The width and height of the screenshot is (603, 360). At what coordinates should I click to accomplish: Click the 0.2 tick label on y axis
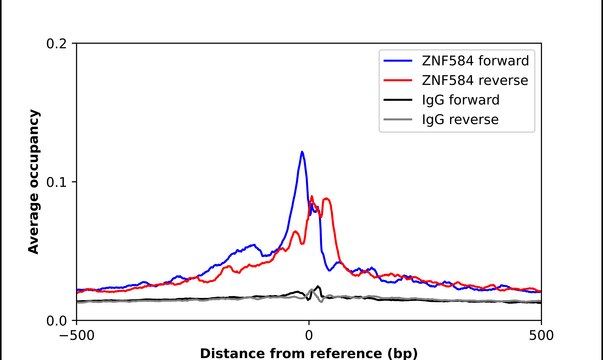pos(58,44)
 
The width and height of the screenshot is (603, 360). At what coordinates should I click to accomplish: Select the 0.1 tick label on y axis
pos(58,182)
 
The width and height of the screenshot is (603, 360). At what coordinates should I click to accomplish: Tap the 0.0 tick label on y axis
pos(58,320)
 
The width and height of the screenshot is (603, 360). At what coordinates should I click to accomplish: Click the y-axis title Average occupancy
pos(34,182)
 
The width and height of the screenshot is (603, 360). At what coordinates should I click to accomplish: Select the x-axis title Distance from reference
pos(308,353)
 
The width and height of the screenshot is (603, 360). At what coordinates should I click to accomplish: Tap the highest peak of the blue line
pos(302,152)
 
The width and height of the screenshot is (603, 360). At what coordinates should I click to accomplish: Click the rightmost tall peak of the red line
pos(326,199)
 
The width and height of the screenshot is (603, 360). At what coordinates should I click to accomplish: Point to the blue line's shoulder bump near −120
pos(251,243)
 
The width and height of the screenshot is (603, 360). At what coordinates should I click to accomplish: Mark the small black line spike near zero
pos(318,287)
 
